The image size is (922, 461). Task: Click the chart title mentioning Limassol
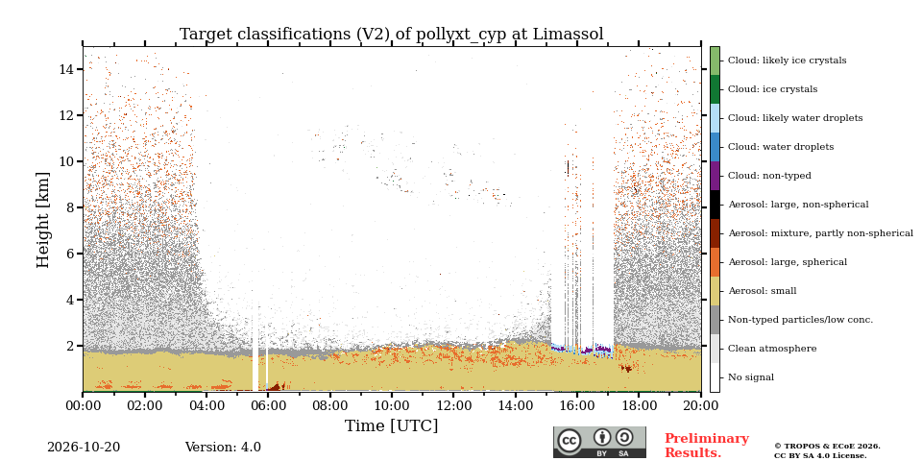coord(392,35)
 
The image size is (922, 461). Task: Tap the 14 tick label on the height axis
coord(66,69)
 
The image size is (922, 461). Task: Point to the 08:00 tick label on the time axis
coord(329,406)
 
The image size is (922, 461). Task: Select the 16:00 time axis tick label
coord(577,406)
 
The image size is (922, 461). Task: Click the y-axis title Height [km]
coord(43,220)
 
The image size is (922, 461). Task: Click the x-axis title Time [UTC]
coord(392,425)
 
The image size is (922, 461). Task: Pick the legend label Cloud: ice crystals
coord(772,89)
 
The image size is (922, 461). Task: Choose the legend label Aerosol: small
coord(762,291)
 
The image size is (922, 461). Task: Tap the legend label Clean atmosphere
coord(772,349)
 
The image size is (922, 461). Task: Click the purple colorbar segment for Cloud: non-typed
coord(715,176)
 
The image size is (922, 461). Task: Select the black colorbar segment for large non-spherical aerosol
coord(715,205)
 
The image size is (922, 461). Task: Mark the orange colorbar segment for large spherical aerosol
coord(715,262)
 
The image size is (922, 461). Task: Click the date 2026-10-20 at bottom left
coord(84,448)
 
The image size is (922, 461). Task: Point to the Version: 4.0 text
coord(223,448)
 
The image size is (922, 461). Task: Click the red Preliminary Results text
coord(707,446)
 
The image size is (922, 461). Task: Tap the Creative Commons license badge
coord(599,442)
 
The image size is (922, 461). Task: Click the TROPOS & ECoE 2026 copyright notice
coord(827,447)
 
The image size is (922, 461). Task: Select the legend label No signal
coord(751,377)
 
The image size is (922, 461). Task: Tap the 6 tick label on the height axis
coord(70,254)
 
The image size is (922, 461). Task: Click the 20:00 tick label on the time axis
coord(701,406)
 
